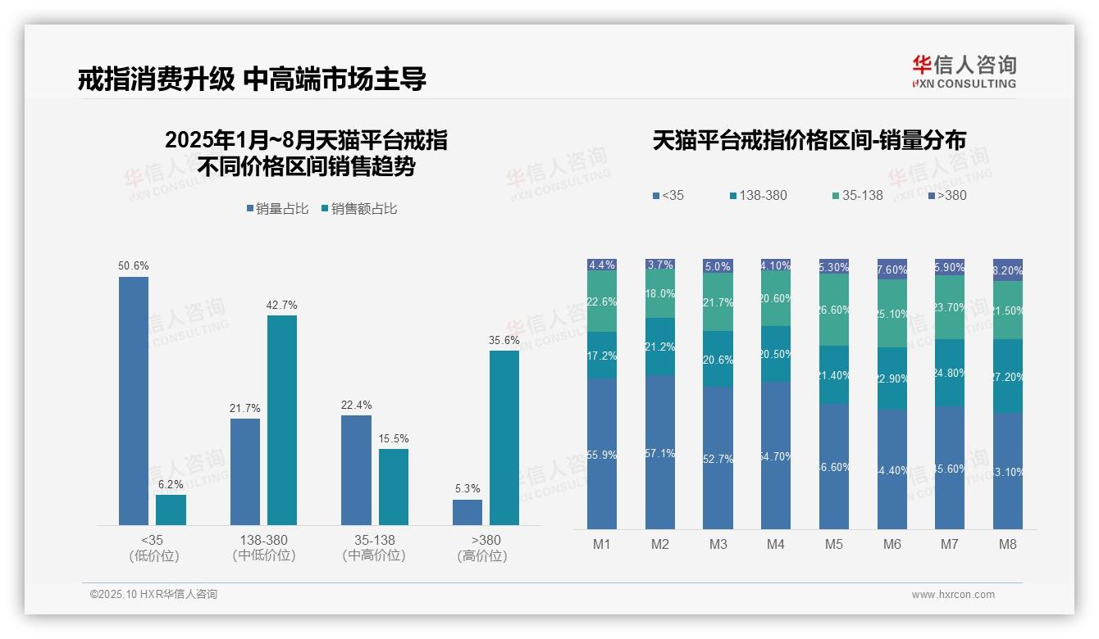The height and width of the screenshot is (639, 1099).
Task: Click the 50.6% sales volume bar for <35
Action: coord(134,401)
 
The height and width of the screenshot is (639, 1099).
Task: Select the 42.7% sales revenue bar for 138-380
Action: coord(282,419)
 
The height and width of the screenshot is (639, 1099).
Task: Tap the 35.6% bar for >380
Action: coord(504,437)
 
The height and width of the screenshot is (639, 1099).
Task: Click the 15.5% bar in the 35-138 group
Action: coord(394,487)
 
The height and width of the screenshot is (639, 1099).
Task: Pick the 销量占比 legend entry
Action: coord(277,209)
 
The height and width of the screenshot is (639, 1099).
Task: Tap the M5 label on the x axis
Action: coord(834,544)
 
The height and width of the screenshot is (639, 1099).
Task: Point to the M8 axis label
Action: coord(1008,544)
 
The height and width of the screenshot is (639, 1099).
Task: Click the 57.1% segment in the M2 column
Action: coord(660,452)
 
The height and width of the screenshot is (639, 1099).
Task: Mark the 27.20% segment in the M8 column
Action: coord(1008,376)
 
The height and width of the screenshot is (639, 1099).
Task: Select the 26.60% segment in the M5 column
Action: coord(834,310)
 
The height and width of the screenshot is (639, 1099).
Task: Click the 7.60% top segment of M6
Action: coord(892,270)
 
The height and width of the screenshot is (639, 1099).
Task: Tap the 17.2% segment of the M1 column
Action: coord(602,356)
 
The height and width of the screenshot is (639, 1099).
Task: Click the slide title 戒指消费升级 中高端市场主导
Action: coord(252,79)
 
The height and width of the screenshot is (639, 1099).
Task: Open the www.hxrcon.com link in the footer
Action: coord(953,595)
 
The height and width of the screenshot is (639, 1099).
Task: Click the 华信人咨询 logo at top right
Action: coord(964,71)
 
